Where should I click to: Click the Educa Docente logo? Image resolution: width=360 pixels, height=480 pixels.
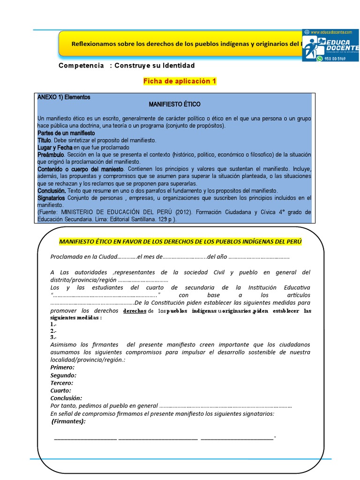click(x=330, y=45)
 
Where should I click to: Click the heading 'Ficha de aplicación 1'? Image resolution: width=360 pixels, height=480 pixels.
click(x=180, y=81)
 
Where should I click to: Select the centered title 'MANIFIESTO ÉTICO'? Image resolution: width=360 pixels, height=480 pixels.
click(x=174, y=104)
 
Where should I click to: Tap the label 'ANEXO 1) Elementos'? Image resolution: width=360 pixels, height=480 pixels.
click(x=64, y=97)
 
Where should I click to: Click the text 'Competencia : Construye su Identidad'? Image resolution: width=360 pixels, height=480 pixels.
click(x=127, y=66)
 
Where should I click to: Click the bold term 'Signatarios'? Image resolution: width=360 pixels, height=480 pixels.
click(x=52, y=198)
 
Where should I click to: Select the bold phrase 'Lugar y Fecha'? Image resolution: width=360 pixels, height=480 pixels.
click(x=55, y=147)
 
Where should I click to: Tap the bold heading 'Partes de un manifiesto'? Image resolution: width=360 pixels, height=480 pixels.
click(x=66, y=133)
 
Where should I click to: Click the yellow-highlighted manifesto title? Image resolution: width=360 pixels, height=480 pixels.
click(x=180, y=241)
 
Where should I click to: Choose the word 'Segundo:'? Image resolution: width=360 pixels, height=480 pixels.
click(x=63, y=375)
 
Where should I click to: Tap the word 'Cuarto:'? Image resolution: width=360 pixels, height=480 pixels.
click(x=60, y=390)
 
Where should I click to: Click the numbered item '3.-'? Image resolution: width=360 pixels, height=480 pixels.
click(x=53, y=337)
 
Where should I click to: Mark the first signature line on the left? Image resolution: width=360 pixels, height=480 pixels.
click(x=85, y=439)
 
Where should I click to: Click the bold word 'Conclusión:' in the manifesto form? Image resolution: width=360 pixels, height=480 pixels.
click(x=66, y=398)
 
